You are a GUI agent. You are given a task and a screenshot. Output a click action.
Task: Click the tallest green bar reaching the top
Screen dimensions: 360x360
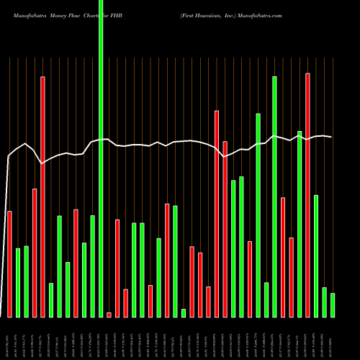(101, 158)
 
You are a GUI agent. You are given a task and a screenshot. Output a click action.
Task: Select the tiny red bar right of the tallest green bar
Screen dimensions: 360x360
(109, 315)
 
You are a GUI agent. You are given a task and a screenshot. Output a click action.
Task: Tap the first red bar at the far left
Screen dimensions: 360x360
(9, 264)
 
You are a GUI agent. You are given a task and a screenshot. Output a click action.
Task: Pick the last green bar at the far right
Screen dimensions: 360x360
(333, 305)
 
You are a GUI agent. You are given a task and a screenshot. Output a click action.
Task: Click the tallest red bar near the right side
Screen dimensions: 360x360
(307, 194)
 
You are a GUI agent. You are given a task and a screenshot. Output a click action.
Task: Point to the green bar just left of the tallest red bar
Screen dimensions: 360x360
(300, 224)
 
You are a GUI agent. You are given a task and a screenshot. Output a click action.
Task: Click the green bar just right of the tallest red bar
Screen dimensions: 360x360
(316, 256)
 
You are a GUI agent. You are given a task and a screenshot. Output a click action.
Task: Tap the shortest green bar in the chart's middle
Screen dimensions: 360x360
(184, 312)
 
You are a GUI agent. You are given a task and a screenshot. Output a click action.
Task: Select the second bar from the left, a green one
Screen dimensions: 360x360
(18, 282)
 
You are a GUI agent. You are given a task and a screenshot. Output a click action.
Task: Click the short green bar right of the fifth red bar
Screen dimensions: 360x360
(51, 300)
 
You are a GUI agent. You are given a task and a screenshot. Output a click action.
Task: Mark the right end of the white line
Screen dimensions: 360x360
(331, 137)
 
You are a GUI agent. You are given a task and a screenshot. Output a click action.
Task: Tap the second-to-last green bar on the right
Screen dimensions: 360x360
(324, 302)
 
